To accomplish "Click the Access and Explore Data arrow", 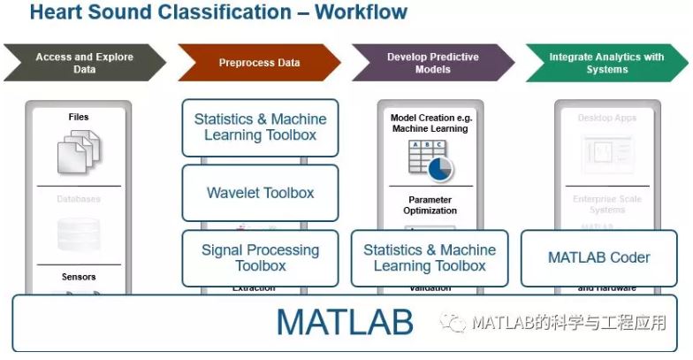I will [84, 63].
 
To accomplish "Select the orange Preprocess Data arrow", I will [259, 63].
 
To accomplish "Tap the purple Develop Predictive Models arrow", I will [433, 63].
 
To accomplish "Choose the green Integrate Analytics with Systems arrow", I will [606, 63].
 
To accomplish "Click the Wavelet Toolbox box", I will [260, 193].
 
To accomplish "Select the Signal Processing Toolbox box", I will [260, 257].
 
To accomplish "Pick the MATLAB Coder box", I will [598, 257].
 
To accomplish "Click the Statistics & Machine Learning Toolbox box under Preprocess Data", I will [260, 127].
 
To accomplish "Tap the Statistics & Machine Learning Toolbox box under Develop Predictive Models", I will [430, 257].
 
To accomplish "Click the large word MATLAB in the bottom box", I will [345, 322].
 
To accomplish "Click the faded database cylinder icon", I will [79, 234].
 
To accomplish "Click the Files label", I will [79, 117].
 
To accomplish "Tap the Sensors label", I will [79, 277].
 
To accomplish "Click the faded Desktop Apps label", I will [606, 118].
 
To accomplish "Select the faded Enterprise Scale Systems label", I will [606, 204].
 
